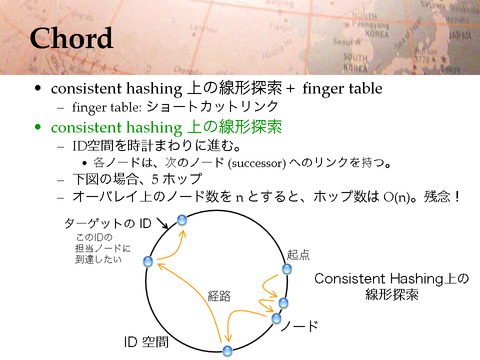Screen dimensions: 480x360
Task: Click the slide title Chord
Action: (x=71, y=38)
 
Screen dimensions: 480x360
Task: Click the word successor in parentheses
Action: (x=257, y=163)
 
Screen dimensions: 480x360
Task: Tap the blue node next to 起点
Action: (x=287, y=269)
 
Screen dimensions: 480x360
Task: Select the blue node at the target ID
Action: (x=182, y=220)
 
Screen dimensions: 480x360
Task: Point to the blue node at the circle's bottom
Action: (x=227, y=351)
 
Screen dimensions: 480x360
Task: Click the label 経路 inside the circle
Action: (x=219, y=296)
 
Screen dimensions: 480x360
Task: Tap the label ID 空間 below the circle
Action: (x=146, y=342)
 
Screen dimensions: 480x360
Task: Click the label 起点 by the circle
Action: (x=298, y=254)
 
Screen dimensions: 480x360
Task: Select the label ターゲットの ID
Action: (x=108, y=223)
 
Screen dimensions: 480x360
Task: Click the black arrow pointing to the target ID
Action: (x=162, y=223)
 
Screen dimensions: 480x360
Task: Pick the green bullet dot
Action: (x=37, y=126)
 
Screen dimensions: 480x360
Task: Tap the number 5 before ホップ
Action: (x=155, y=179)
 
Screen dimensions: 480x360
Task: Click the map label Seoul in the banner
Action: (x=343, y=41)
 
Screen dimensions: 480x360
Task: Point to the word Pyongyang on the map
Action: (x=370, y=24)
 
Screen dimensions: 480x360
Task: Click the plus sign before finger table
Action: (x=290, y=89)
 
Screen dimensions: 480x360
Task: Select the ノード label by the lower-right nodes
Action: (x=299, y=326)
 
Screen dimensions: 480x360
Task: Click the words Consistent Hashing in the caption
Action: (x=378, y=279)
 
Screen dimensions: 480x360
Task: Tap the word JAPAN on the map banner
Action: (x=460, y=35)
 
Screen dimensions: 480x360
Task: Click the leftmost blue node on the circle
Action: (x=148, y=261)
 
